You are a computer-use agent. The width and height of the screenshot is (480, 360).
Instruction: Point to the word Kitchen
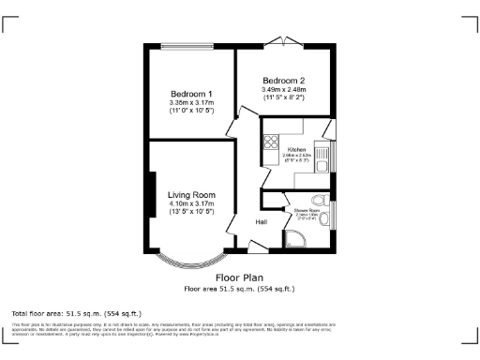click(297, 149)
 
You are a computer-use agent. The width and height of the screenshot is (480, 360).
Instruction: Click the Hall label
click(263, 222)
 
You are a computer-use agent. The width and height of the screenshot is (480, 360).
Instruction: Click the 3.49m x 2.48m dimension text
click(283, 90)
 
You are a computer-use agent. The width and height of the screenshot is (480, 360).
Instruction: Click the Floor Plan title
click(239, 277)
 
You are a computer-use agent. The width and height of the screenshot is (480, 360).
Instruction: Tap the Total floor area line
click(76, 312)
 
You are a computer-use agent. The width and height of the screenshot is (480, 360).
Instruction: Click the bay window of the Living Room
click(191, 259)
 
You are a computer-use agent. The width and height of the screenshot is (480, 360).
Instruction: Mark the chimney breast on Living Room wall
click(151, 195)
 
